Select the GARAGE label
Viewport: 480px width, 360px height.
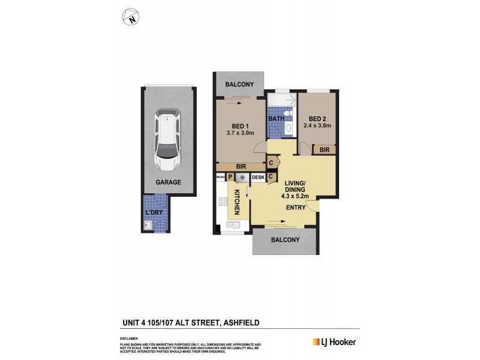coord(168,182)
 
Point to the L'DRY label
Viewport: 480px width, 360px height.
coord(154,212)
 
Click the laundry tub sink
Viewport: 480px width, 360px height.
coord(148,226)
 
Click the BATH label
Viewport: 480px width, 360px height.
coord(276,119)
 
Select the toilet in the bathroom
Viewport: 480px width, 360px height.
coord(288,113)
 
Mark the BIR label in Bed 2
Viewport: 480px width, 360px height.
coord(324,149)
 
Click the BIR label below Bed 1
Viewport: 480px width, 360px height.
coord(240,167)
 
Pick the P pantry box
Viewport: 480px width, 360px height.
coord(230,177)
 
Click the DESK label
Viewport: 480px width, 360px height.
coord(257,177)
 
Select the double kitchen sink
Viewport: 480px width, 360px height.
coord(232,226)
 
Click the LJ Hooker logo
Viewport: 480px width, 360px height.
coord(334,342)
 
